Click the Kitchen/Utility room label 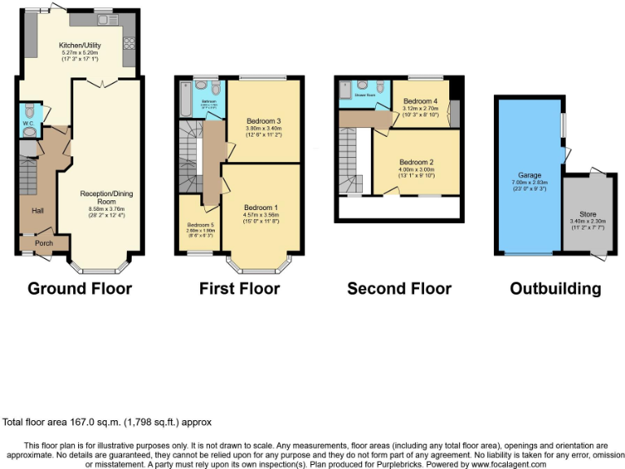click(79, 46)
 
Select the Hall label click(37, 210)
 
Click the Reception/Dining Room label click(102, 197)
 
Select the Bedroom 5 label click(200, 225)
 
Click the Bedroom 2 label click(416, 161)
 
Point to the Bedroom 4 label click(420, 100)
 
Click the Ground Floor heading click(80, 288)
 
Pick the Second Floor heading click(399, 288)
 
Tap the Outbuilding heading click(555, 288)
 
